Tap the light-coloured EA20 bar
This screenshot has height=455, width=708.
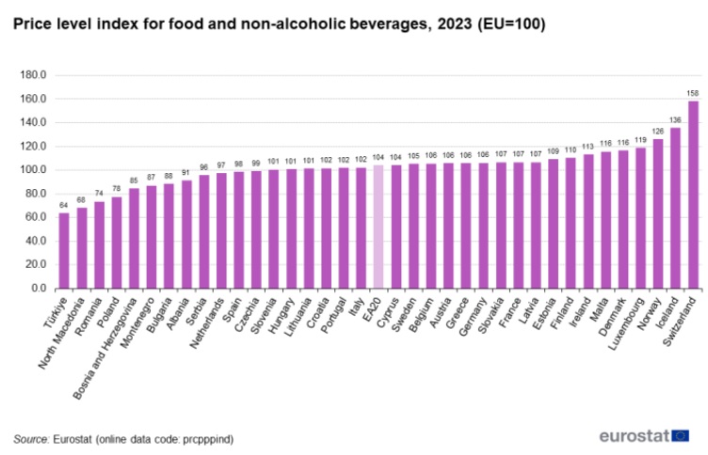pos(378,227)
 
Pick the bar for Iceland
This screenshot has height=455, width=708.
pos(675,208)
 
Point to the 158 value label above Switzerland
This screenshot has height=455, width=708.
pos(693,92)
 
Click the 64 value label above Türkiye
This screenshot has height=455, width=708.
pos(64,204)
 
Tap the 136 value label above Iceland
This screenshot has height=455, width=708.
pos(675,118)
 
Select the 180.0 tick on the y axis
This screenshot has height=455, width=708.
pos(35,75)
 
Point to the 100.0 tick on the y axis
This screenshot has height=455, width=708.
pos(35,170)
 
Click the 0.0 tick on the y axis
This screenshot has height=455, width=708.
pos(40,289)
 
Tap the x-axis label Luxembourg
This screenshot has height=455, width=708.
pos(627,320)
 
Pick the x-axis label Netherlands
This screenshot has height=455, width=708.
pos(210,320)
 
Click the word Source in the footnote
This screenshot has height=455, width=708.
pos(30,438)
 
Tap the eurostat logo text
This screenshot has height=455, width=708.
pos(634,435)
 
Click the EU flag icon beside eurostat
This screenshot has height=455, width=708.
pos(680,435)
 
